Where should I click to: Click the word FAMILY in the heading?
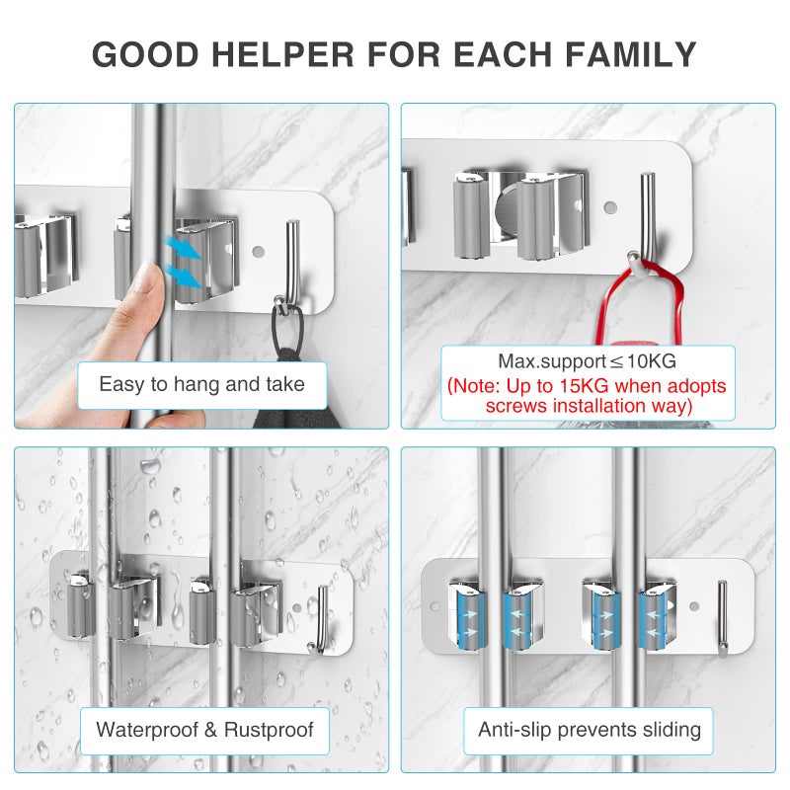631,54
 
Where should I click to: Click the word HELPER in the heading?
282,54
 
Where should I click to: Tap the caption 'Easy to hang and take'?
202,384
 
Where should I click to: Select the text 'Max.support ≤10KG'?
587,361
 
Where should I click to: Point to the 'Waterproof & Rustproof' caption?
204,730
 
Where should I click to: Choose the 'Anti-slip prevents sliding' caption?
590,730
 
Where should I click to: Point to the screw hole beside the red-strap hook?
610,206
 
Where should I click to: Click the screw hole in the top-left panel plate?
259,251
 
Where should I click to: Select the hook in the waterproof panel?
320,620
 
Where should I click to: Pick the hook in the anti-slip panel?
722,619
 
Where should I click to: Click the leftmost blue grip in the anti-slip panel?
471,620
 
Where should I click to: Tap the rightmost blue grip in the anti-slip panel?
652,621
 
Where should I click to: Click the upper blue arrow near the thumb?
183,248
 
